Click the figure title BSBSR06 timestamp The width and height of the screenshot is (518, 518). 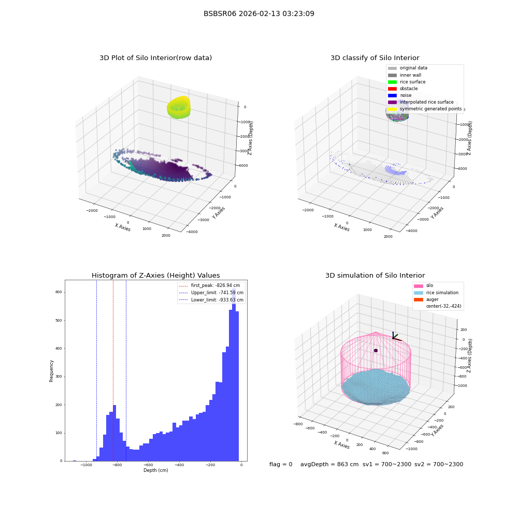[x=258, y=13]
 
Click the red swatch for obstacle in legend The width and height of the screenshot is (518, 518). [x=392, y=89]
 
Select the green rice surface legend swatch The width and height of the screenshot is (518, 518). [x=392, y=82]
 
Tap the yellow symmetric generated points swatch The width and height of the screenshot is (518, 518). [x=392, y=109]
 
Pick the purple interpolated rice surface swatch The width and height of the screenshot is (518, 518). [x=392, y=102]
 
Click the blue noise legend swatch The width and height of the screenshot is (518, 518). [x=392, y=95]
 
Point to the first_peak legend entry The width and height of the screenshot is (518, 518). [x=209, y=285]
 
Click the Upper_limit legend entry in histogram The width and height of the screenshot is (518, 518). [x=211, y=293]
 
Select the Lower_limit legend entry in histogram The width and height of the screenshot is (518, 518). [x=211, y=300]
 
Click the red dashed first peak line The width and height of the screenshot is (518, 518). [x=113, y=370]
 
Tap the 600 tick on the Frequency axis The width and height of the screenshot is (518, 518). [x=59, y=292]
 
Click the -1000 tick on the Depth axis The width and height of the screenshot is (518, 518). [x=87, y=465]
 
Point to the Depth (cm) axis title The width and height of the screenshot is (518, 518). [x=156, y=470]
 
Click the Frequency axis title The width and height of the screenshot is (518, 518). [x=51, y=371]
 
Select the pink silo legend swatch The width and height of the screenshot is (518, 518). [x=418, y=286]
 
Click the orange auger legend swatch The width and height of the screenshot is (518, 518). [x=418, y=299]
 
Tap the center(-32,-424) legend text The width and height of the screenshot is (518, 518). [x=444, y=306]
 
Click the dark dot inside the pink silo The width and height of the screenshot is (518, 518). [x=376, y=351]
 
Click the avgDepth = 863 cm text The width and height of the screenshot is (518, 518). [x=329, y=464]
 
